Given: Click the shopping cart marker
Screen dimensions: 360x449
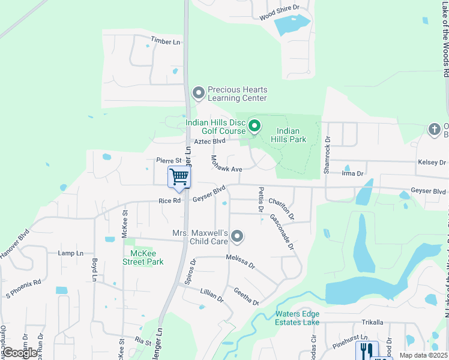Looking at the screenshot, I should pos(179,177).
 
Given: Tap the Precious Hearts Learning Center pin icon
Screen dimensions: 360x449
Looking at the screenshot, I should pos(198,93).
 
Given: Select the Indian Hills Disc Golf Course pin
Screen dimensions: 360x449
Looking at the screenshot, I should pos(254,126).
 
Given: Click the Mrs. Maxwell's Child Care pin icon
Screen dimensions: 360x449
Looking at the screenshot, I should pos(238,236).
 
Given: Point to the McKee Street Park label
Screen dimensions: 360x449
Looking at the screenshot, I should pos(143,257).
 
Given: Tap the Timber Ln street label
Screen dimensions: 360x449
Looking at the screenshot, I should pos(165,41).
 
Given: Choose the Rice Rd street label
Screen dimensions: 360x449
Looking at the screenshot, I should pos(169,201).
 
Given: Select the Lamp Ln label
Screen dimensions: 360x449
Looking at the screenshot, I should pos(70,253).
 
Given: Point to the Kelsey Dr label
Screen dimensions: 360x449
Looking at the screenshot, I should pos(432,163).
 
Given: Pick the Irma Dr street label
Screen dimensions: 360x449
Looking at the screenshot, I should pos(352,173).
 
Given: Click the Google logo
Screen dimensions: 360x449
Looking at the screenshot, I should pos(20,353).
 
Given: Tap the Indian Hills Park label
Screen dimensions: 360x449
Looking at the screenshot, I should pos(291,135).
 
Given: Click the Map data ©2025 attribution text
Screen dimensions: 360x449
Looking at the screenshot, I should pos(423,355).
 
